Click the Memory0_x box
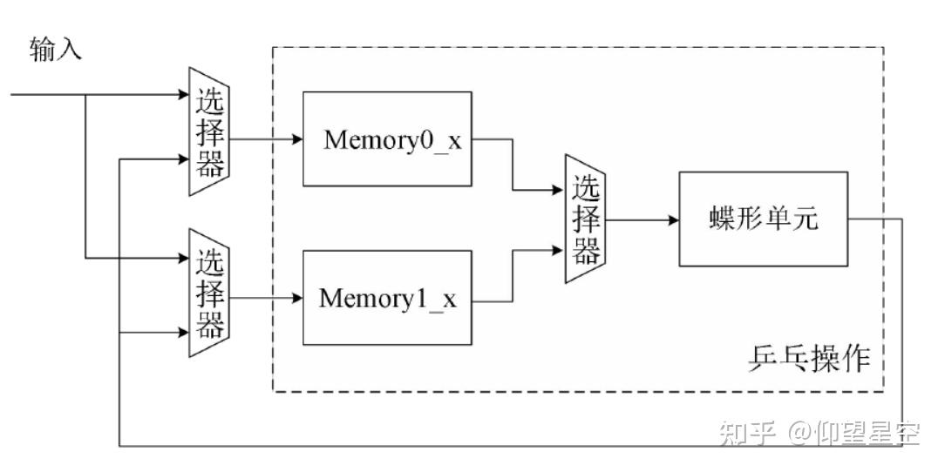(387, 139)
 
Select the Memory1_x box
(387, 298)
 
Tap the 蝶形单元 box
(764, 219)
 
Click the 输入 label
(55, 49)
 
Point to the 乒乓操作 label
(809, 360)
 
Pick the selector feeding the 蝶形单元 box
(585, 219)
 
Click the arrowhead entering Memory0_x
(296, 139)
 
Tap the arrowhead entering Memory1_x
(296, 298)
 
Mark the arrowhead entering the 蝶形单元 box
(674, 220)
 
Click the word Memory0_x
(393, 139)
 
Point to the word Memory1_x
(388, 298)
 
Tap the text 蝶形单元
(764, 219)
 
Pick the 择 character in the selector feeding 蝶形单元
(586, 219)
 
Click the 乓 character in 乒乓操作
(793, 360)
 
